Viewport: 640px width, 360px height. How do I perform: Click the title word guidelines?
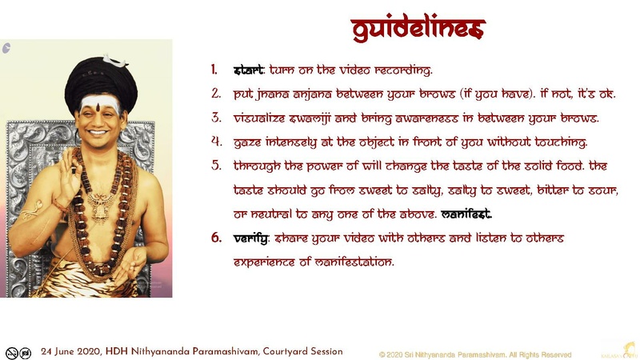point(418,29)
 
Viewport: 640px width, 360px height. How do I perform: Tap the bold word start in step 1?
point(248,70)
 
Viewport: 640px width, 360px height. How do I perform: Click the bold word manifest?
point(466,214)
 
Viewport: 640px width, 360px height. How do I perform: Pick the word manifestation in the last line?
point(353,262)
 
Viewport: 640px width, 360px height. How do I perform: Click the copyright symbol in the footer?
point(382,354)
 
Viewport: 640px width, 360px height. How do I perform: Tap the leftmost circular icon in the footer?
point(11,352)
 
